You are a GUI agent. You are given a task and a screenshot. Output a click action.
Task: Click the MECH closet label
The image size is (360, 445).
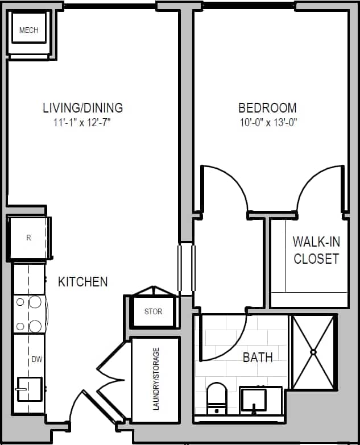pos(28,30)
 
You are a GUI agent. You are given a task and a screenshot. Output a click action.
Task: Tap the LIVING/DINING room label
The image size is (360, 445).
pos(83,107)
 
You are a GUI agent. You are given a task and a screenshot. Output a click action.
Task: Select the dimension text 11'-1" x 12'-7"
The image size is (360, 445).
pos(83,122)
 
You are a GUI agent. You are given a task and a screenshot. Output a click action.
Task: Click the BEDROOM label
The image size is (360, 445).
pos(267,107)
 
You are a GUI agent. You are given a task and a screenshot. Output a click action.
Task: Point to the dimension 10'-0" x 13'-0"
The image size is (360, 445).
pos(267,122)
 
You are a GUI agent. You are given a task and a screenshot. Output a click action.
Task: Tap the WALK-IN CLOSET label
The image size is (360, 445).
pos(316,249)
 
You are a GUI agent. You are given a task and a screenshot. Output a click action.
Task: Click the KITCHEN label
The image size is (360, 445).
pos(83,281)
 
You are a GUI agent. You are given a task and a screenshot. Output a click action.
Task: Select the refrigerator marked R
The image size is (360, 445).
pos(28,238)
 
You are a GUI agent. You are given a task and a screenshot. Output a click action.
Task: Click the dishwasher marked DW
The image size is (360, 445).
pos(37,359)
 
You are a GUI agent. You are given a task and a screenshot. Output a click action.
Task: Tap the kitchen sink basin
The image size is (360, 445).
pos(30,389)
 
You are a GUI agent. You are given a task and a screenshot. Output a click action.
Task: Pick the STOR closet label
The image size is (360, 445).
pos(153,311)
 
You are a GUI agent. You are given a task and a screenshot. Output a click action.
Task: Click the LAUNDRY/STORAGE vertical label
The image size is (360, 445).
pos(156,379)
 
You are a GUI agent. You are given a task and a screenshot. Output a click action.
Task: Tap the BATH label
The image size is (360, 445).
pos(258,357)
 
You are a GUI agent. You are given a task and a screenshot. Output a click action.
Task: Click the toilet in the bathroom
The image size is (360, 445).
pos(217,398)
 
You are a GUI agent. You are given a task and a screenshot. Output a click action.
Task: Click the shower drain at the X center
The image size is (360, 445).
pos(313,352)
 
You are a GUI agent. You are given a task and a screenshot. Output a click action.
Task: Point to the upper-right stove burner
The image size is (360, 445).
pos(35,302)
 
